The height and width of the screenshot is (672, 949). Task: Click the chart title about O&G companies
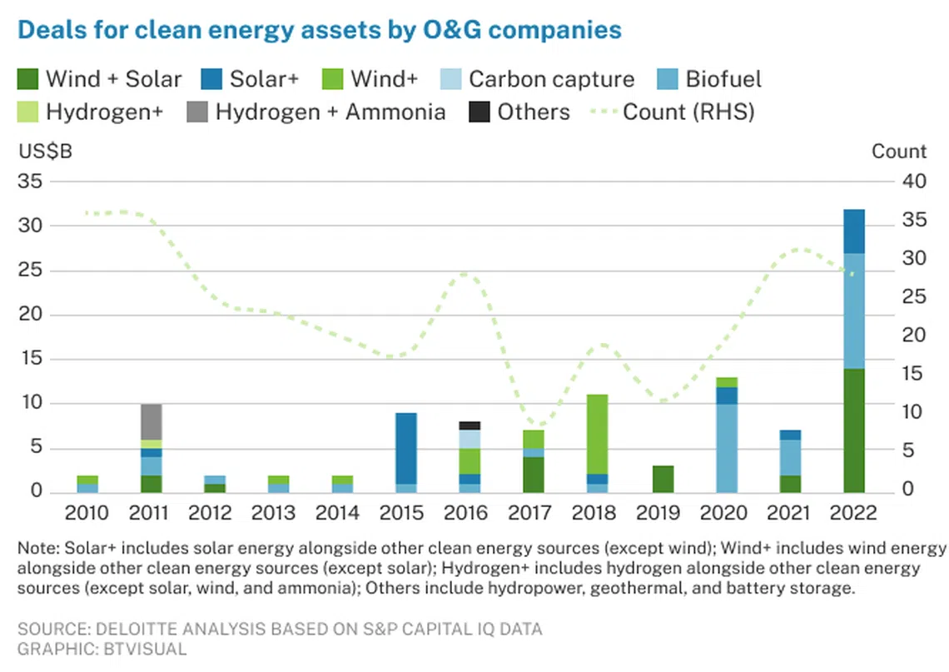pos(320,30)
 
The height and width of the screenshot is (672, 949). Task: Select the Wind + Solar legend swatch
pos(28,80)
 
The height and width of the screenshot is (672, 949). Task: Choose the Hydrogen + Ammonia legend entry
pos(330,112)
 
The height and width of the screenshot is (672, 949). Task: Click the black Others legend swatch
pos(479,112)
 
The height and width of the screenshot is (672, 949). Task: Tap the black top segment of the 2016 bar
pos(470,426)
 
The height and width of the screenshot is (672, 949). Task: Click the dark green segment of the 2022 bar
pos(853,430)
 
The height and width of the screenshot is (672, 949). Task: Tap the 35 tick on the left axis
pos(32,182)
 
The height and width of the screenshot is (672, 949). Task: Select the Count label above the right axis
pos(898,152)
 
